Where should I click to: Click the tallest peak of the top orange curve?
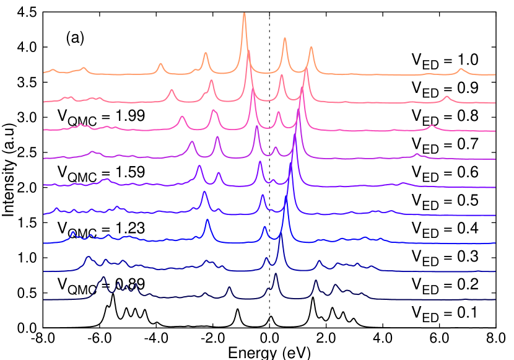(x=244, y=14)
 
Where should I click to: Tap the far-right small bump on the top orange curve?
(x=461, y=69)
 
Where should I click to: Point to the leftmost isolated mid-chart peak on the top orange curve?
(x=160, y=64)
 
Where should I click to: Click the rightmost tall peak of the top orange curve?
(x=311, y=47)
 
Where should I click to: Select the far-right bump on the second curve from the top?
(x=446, y=97)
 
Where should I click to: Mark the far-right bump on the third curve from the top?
(x=432, y=126)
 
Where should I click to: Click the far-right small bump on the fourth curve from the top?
(x=417, y=154)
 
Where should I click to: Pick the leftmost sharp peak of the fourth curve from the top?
(x=192, y=143)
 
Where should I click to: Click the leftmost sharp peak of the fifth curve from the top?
(x=199, y=166)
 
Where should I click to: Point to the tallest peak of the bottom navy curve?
(x=276, y=274)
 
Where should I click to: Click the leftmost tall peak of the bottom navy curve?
(x=104, y=278)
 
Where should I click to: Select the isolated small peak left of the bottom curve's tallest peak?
(x=229, y=288)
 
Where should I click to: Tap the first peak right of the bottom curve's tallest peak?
(x=315, y=281)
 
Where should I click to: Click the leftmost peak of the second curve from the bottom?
(x=88, y=257)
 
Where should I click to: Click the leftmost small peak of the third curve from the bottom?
(x=72, y=233)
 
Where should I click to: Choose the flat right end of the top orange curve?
(x=494, y=74)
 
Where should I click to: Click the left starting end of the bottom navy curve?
(x=44, y=299)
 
